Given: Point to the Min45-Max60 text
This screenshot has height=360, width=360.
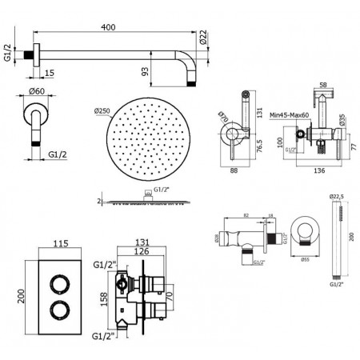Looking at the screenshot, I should coord(288,115).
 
